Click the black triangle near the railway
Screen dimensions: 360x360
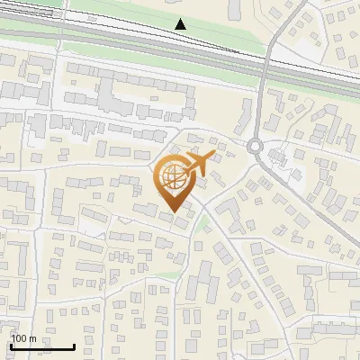(181, 23)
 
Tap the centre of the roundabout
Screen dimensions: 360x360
(256, 146)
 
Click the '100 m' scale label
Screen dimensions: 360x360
(24, 338)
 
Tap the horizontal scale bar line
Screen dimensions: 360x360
(42, 346)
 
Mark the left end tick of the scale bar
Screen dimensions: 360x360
(11, 345)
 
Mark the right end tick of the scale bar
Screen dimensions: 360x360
(74, 345)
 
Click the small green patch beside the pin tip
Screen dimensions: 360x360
(203, 221)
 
